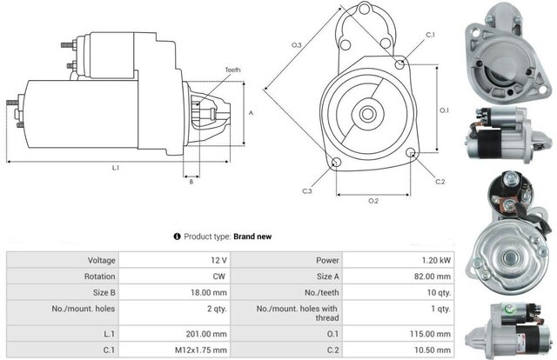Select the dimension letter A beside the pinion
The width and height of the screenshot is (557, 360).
click(x=251, y=113)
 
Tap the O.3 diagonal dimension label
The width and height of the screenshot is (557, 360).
click(x=296, y=45)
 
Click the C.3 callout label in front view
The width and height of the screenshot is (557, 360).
click(x=307, y=190)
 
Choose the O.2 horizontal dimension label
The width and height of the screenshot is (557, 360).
click(x=373, y=201)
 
